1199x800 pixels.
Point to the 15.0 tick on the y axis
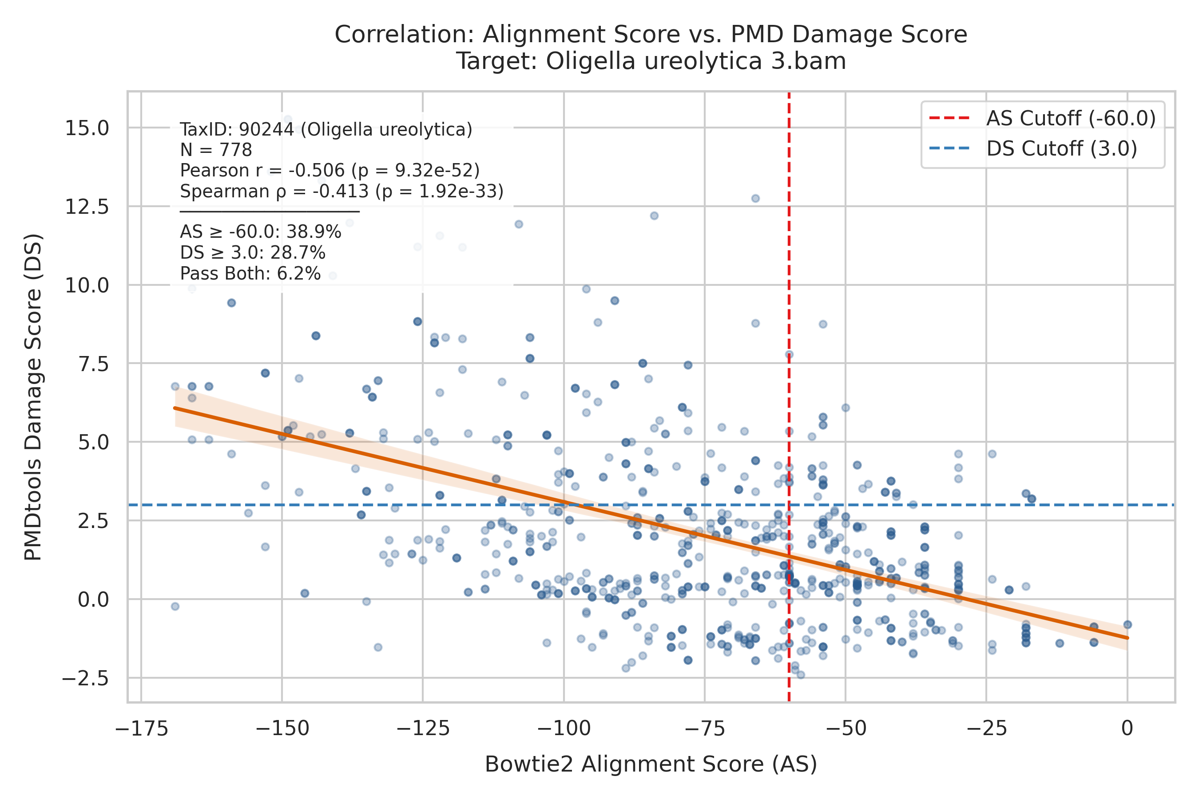[87, 128]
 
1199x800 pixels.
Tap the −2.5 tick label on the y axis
[85, 678]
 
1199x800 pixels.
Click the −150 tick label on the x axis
[282, 728]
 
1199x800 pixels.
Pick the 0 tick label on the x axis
[1127, 728]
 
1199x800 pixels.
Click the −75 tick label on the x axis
[704, 728]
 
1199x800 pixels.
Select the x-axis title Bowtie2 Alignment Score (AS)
[651, 765]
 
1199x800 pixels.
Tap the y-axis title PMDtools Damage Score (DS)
[33, 397]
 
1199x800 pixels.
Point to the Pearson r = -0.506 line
[330, 170]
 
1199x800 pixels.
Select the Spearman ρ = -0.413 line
[341, 191]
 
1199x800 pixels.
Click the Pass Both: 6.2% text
[250, 274]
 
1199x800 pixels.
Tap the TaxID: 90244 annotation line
[326, 130]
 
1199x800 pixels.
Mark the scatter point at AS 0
[1128, 625]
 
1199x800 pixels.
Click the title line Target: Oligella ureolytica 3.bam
[651, 61]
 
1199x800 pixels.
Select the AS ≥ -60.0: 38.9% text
[261, 232]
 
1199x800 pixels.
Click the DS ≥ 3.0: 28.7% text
[252, 253]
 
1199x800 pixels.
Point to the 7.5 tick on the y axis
[94, 364]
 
